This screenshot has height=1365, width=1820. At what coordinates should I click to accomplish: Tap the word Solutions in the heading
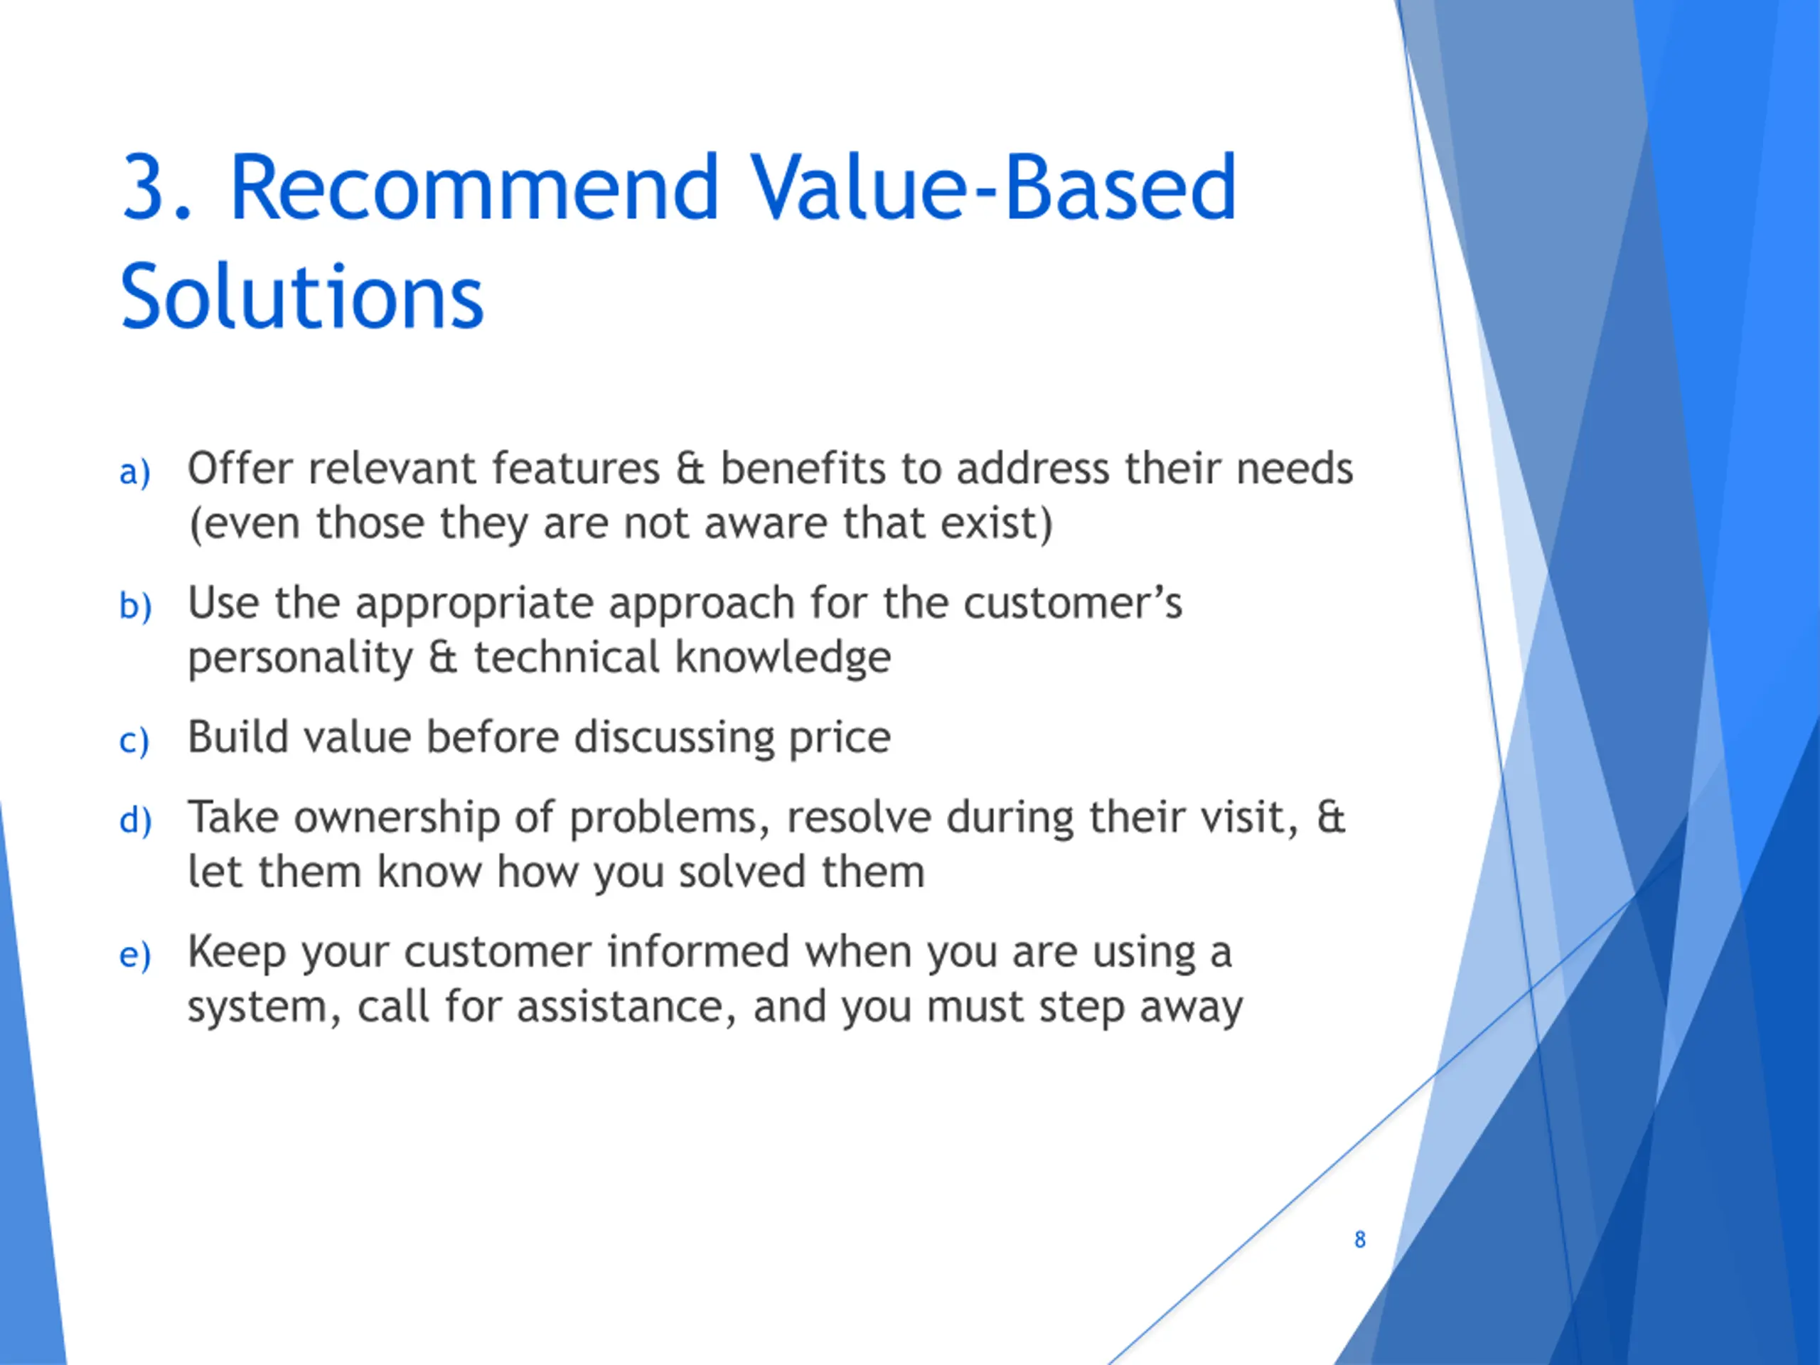303,297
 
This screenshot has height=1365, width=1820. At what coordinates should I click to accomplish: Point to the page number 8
1360,1239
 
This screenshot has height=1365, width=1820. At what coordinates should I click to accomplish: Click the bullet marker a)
135,472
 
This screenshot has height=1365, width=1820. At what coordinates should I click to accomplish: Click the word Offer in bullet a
240,469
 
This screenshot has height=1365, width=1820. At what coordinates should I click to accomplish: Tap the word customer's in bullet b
1073,603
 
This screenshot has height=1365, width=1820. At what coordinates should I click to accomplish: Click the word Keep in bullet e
237,952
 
